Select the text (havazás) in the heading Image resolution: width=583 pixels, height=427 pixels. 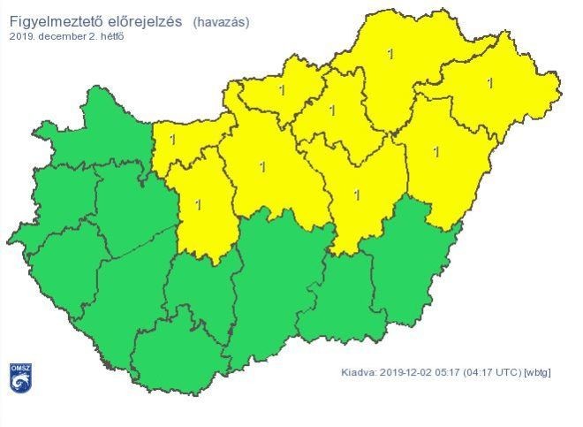pyautogui.click(x=221, y=21)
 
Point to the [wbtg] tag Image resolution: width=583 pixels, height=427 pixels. pyautogui.click(x=537, y=372)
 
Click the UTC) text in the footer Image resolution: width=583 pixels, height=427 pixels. pyautogui.click(x=506, y=372)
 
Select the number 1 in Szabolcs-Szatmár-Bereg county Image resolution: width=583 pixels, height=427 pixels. pyautogui.click(x=489, y=83)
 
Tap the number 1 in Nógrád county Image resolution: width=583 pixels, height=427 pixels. pyautogui.click(x=282, y=89)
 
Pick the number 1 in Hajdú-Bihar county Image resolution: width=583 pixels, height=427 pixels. pyautogui.click(x=436, y=151)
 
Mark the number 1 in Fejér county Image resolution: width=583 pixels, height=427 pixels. pyautogui.click(x=198, y=204)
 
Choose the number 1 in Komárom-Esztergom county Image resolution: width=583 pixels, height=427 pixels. pyautogui.click(x=172, y=140)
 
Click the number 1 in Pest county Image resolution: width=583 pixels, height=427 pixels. pyautogui.click(x=262, y=166)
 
